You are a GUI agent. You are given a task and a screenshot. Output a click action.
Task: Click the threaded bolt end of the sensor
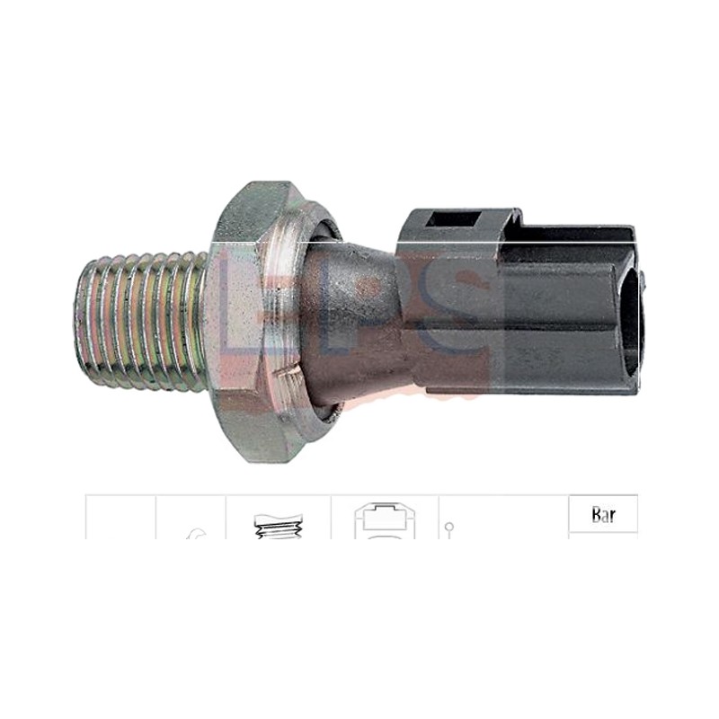click(140, 321)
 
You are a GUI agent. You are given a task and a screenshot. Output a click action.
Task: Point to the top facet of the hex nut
click(256, 211)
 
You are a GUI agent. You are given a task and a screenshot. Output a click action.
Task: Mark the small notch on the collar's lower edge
click(290, 367)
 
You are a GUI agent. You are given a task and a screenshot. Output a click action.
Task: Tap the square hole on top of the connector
click(454, 220)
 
